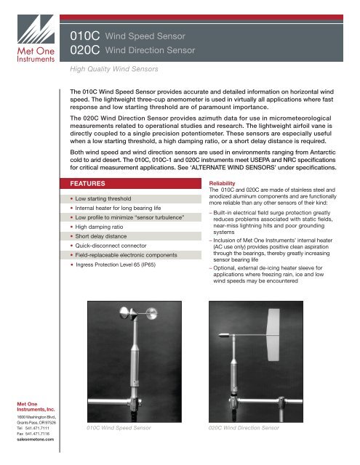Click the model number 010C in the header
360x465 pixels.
[x=85, y=35]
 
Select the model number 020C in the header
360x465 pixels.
[x=85, y=52]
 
